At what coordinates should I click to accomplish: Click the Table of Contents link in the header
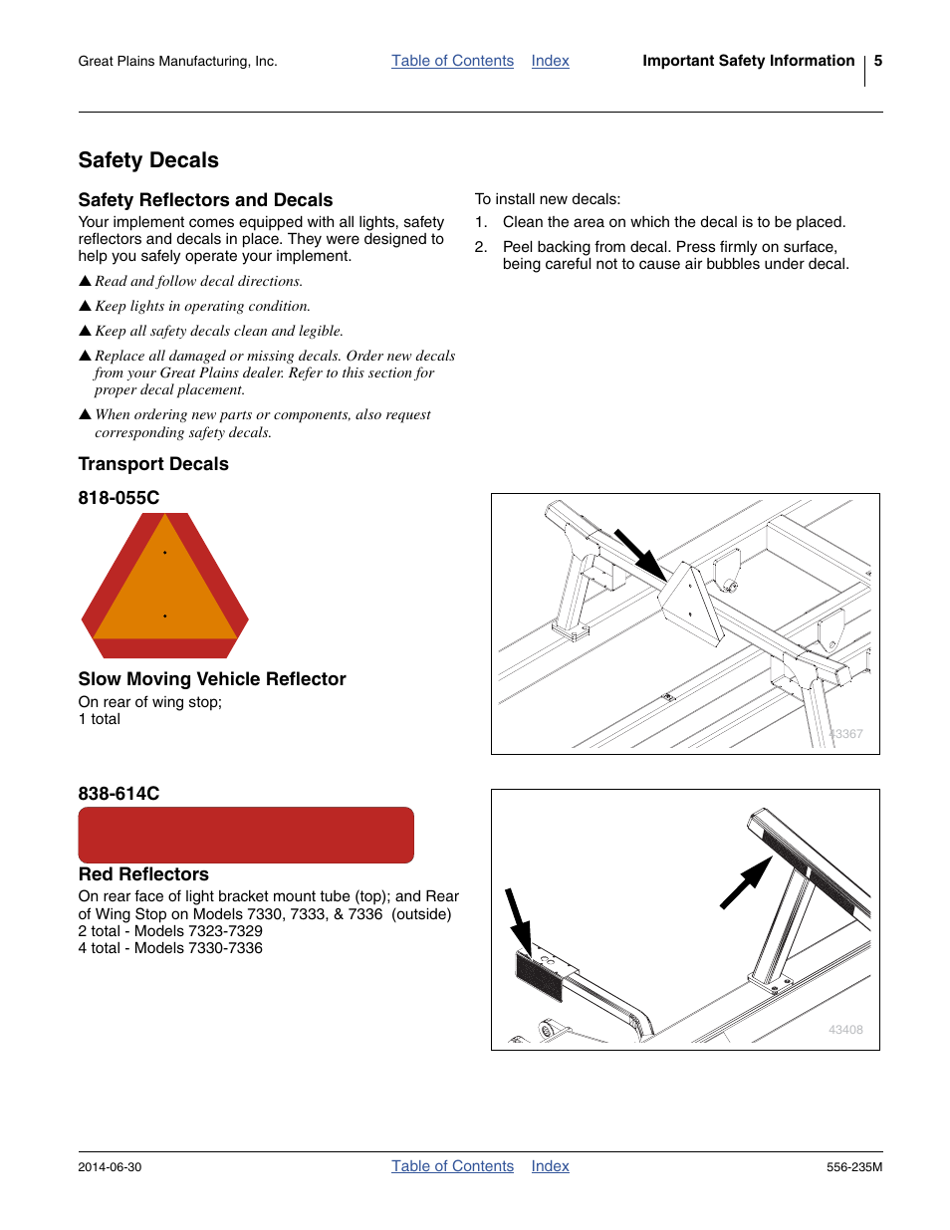(x=452, y=61)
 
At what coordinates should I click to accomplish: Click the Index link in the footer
(x=550, y=1166)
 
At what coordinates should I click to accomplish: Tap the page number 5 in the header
(x=877, y=61)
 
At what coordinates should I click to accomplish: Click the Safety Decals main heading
(x=148, y=160)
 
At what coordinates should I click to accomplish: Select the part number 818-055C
(x=119, y=498)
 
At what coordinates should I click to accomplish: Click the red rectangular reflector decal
(x=246, y=835)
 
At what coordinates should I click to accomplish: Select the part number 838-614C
(x=119, y=794)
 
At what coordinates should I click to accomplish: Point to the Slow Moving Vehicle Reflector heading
(x=212, y=679)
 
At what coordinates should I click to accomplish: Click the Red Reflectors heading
(x=143, y=874)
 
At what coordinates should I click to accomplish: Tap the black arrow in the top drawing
(x=640, y=555)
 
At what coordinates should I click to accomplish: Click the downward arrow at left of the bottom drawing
(x=518, y=921)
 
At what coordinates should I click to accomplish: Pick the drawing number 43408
(x=845, y=1030)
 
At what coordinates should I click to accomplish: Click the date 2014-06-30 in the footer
(x=110, y=1167)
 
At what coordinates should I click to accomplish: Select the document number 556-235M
(x=853, y=1167)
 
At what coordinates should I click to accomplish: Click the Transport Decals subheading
(x=153, y=464)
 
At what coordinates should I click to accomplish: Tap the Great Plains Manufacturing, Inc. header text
(x=177, y=62)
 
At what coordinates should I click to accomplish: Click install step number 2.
(x=481, y=247)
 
